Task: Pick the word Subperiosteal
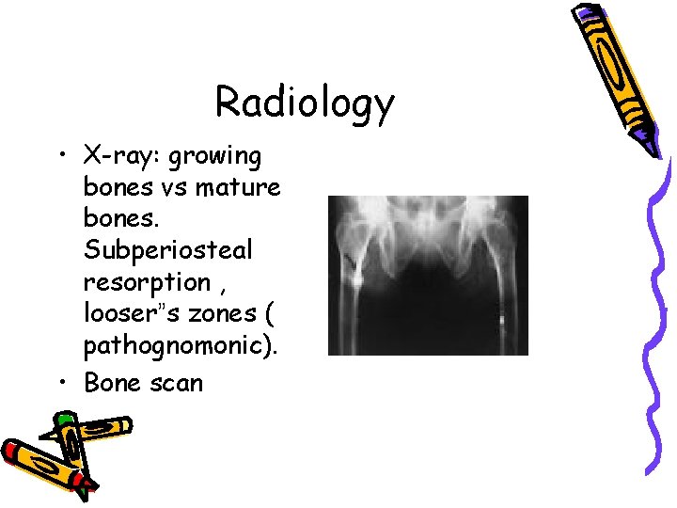[x=167, y=251]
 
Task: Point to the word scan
[x=178, y=383]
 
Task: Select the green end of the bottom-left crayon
[x=64, y=418]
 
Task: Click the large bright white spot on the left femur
[x=356, y=279]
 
